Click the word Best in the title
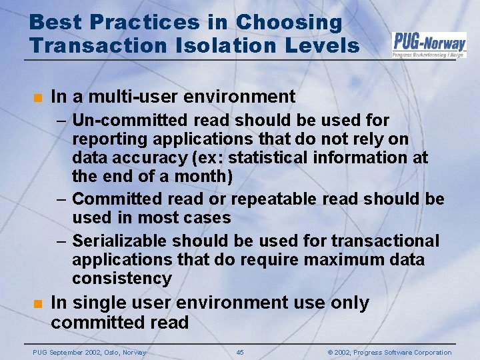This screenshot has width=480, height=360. pos(52,22)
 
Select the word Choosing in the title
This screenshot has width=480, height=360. pos(289,22)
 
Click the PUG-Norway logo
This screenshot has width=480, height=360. pos(429,45)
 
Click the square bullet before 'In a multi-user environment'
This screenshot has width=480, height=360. pos(39,97)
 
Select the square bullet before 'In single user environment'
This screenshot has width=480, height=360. pos(39,303)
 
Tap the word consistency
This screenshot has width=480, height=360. pos(122,278)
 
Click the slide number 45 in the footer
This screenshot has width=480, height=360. pos(240,352)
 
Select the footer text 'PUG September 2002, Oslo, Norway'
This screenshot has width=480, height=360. pos(89,352)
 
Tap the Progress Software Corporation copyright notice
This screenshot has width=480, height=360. pos(391,352)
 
